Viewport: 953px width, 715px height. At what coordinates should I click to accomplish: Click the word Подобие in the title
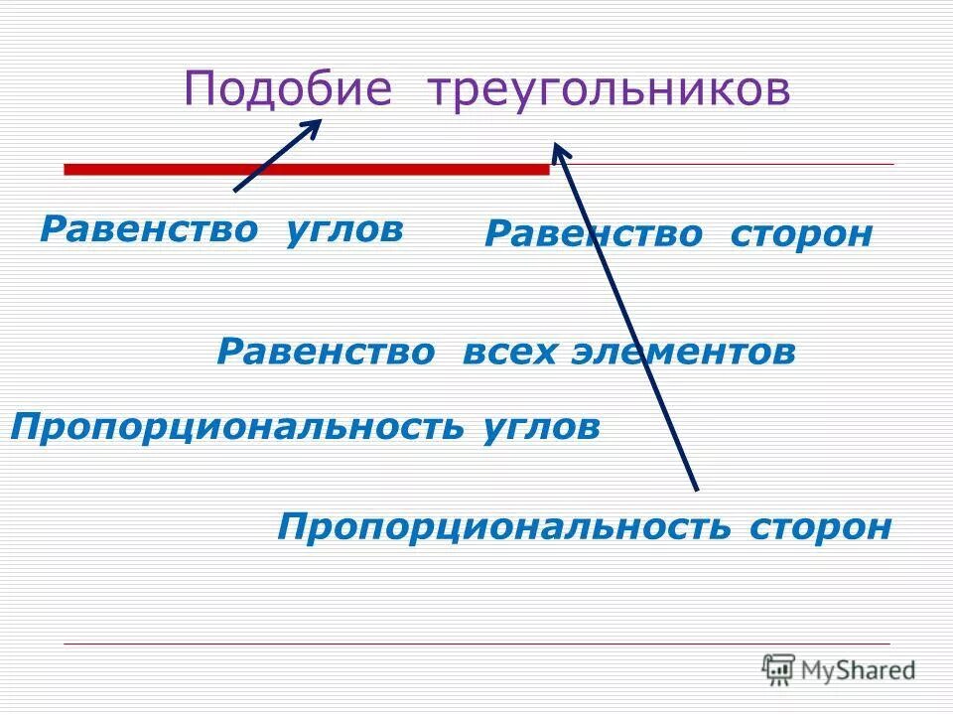coord(289,90)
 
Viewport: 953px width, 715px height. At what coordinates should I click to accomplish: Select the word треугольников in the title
coord(610,90)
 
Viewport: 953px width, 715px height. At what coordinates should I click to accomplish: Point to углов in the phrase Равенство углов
coord(344,229)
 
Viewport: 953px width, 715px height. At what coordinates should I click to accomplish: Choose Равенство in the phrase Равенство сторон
coord(593,234)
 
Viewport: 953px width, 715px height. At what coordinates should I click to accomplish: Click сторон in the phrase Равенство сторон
coord(801,234)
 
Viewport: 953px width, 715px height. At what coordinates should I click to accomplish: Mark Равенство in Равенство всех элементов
coord(326,352)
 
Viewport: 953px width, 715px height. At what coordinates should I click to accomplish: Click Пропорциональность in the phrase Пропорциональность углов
coord(237,427)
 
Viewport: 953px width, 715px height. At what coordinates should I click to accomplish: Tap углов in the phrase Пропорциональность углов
coord(541,427)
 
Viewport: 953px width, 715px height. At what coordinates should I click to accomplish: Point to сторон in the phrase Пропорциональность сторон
coord(821,525)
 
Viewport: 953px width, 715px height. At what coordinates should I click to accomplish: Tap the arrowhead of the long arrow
coord(559,149)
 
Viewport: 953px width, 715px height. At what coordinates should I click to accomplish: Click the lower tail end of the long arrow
coord(696,488)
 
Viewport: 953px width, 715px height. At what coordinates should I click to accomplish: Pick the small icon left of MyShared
coord(778,669)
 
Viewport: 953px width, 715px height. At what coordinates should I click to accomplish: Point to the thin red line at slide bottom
coord(476,644)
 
